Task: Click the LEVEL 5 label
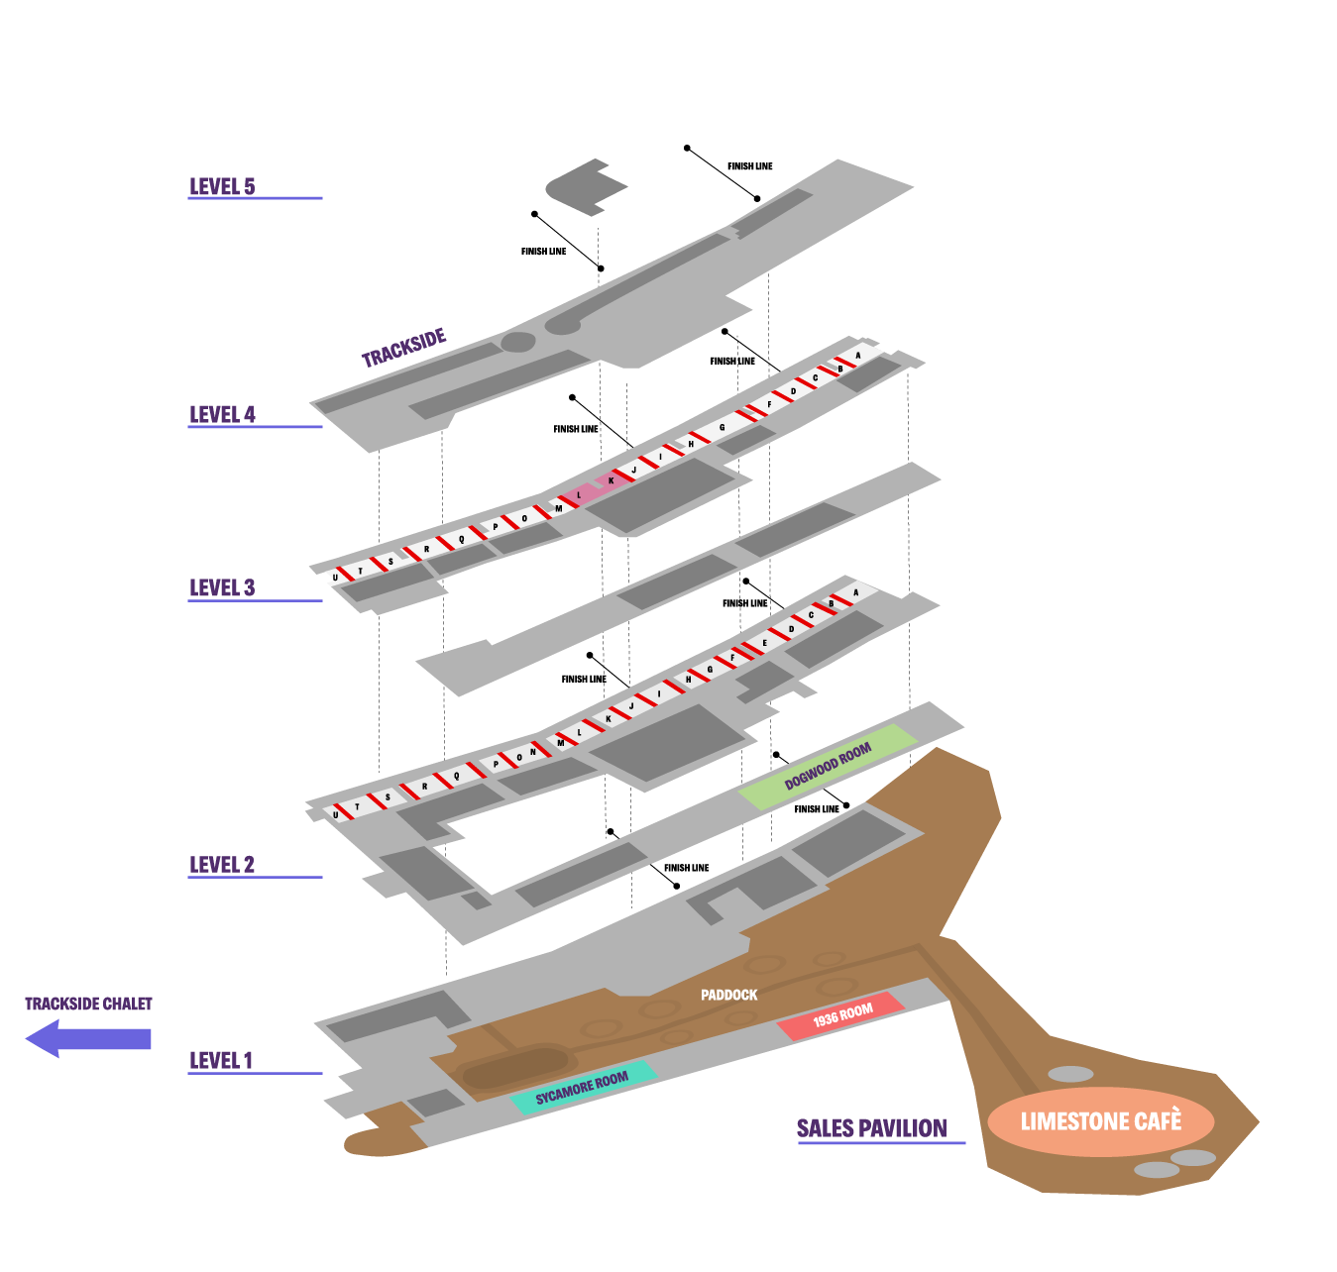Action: pos(222,186)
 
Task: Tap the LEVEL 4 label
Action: pos(222,414)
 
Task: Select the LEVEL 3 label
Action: pos(222,587)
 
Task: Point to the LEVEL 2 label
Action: pos(222,864)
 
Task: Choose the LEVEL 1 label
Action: pos(221,1060)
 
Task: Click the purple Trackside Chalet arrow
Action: pos(88,1038)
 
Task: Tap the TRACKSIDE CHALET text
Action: pos(88,1004)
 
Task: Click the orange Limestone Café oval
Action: pos(1100,1121)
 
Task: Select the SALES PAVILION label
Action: pos(872,1128)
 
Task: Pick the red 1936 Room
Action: pos(841,1015)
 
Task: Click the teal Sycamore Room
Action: pos(582,1087)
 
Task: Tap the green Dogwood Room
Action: pos(828,766)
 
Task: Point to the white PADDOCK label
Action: pos(728,995)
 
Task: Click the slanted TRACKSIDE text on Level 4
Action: pos(403,348)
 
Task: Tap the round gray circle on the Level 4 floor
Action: pos(517,343)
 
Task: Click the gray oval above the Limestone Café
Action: pos(1070,1074)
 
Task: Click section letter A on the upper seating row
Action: pos(858,355)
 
